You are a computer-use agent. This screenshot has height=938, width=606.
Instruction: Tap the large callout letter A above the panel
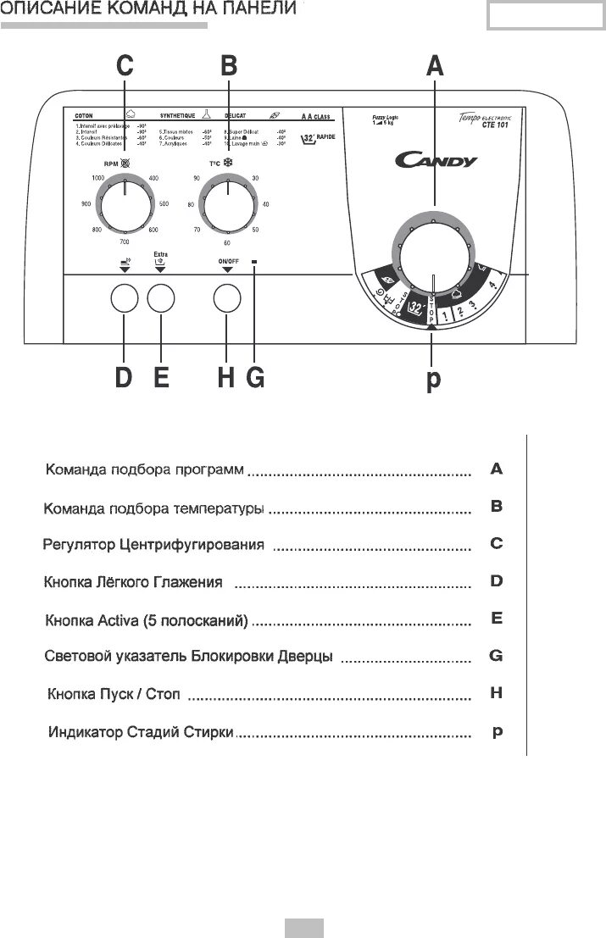434,65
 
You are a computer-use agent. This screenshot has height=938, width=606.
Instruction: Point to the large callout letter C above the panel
125,65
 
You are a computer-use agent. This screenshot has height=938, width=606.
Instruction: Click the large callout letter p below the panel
433,379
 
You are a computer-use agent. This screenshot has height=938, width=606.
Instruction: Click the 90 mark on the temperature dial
197,178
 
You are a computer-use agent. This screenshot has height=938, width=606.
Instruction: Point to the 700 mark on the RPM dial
125,242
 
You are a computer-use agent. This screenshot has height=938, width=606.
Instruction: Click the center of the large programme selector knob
432,251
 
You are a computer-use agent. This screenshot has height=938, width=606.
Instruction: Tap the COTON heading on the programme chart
83,114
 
